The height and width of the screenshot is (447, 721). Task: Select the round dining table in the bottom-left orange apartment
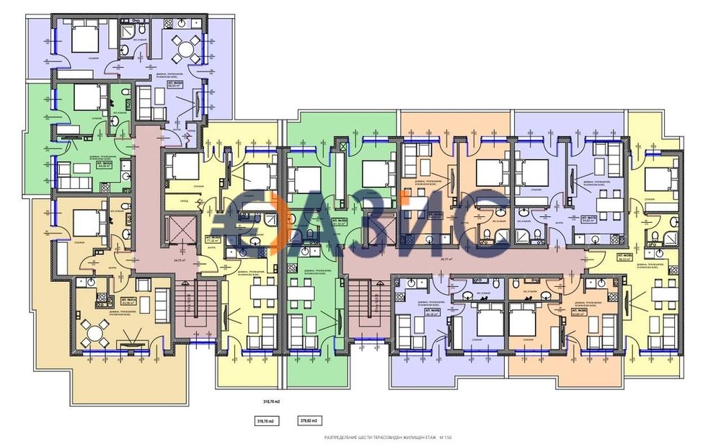[94, 333]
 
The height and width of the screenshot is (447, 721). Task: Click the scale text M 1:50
[446, 438]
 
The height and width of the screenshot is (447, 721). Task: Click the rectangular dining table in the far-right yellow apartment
[661, 296]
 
